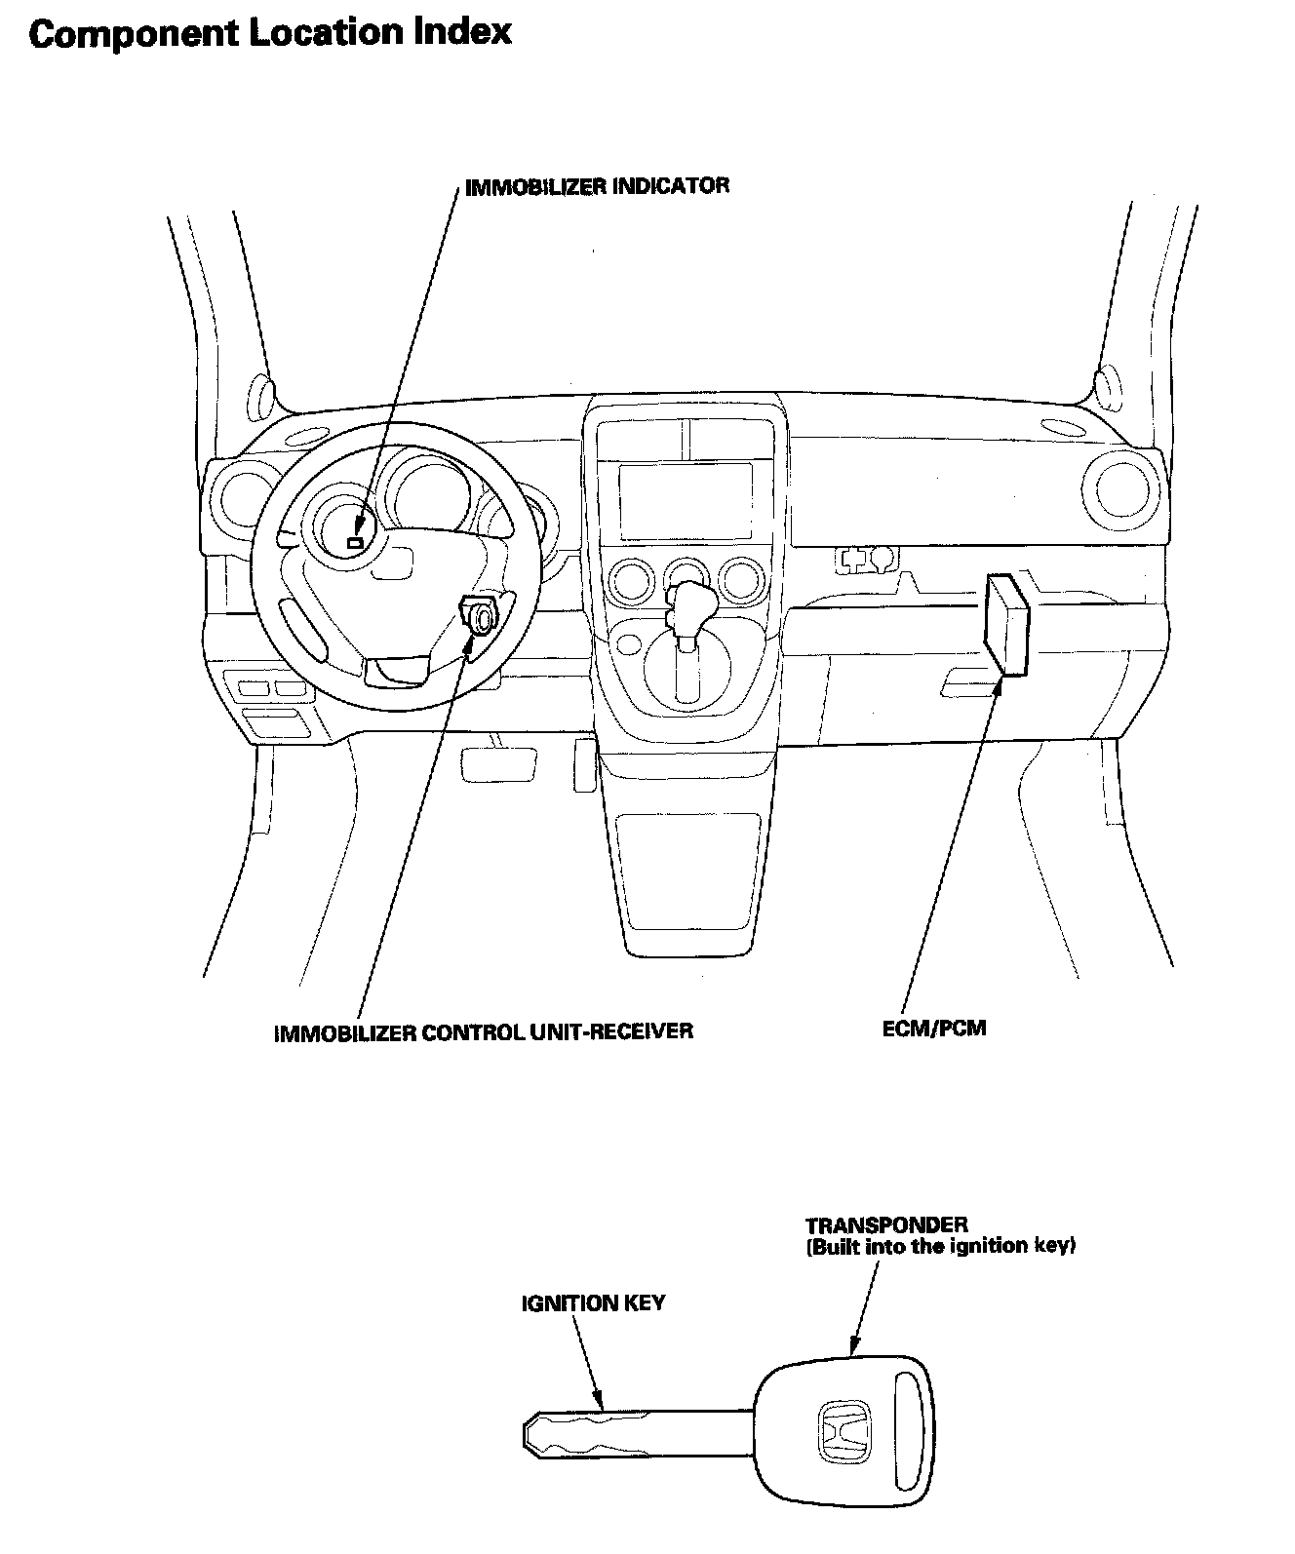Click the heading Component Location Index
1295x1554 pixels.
pyautogui.click(x=270, y=33)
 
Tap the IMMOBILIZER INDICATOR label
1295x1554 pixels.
pyautogui.click(x=597, y=186)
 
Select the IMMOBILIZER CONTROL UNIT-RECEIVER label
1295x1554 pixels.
pyautogui.click(x=484, y=1030)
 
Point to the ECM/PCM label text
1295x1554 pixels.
pyautogui.click(x=933, y=1028)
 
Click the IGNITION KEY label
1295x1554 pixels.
pyautogui.click(x=593, y=1302)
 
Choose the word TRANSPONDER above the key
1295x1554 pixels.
pyautogui.click(x=886, y=1224)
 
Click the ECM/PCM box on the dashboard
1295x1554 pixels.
pyautogui.click(x=1006, y=625)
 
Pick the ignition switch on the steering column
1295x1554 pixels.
pyautogui.click(x=481, y=618)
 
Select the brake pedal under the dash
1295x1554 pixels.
pyautogui.click(x=501, y=761)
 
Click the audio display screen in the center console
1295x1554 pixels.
pyautogui.click(x=686, y=501)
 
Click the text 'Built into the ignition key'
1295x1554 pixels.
pyautogui.click(x=941, y=1246)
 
